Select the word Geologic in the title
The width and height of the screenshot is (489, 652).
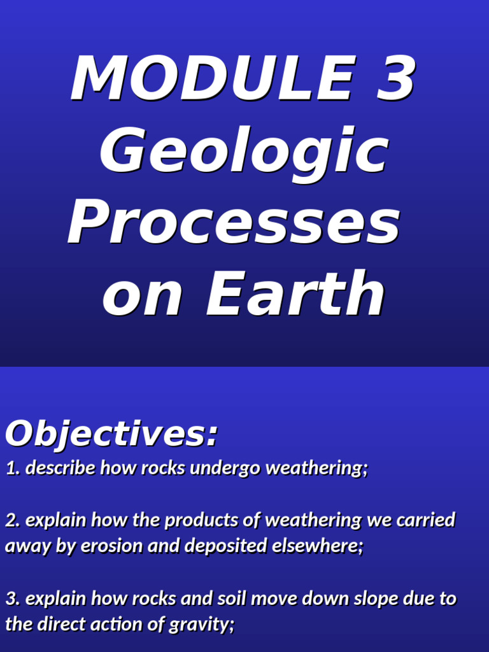click(x=244, y=152)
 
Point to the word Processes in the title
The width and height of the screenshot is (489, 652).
click(x=234, y=223)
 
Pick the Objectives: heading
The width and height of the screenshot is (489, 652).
click(x=111, y=434)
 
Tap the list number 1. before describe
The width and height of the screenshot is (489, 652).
click(x=13, y=469)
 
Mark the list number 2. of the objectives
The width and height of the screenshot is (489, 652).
click(x=13, y=520)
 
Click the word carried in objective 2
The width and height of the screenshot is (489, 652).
click(x=426, y=520)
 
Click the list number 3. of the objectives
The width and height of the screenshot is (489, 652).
click(x=13, y=599)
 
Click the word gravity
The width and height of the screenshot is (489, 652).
click(x=201, y=625)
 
